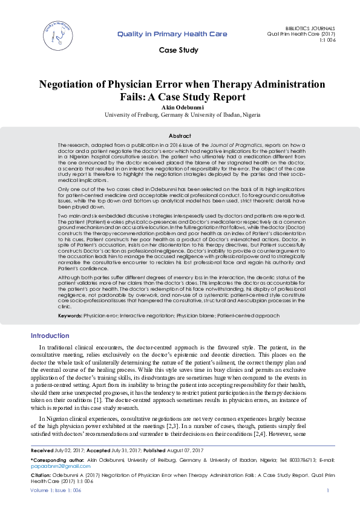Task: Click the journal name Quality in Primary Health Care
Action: click(x=172, y=34)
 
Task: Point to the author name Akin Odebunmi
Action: click(x=180, y=107)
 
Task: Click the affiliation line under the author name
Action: click(x=180, y=114)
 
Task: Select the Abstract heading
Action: click(x=180, y=136)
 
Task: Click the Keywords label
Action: click(x=70, y=316)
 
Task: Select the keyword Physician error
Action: click(x=100, y=316)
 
